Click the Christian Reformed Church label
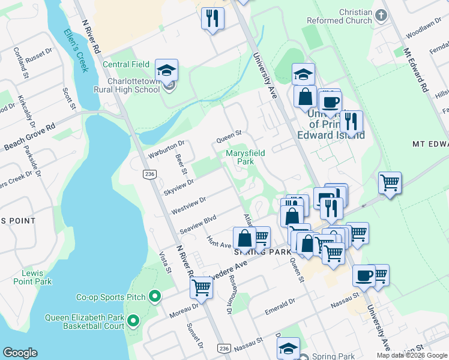pos(347,16)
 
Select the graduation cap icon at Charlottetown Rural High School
pos(166,70)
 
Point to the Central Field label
pos(126,64)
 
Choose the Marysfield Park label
pos(245,157)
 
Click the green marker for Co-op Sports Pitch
pos(155,296)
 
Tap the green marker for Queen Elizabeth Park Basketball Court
pos(133,322)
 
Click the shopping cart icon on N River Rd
pos(201,287)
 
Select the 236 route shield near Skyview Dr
pos(148,174)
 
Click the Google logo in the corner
pos(20,353)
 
